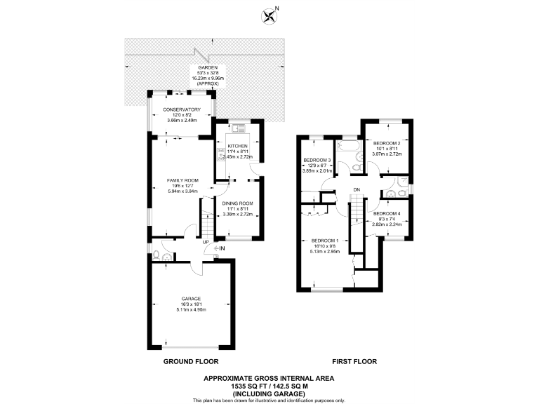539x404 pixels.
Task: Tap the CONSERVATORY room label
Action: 182,109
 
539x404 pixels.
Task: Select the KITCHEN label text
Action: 237,145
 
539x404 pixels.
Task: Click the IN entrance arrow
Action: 220,249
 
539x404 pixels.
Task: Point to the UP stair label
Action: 206,243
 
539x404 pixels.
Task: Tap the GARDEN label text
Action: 208,67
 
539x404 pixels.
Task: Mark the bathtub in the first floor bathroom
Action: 347,146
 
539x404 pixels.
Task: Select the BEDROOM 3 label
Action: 316,159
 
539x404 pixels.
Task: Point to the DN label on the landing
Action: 357,189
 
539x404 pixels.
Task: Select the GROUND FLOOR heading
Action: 191,362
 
